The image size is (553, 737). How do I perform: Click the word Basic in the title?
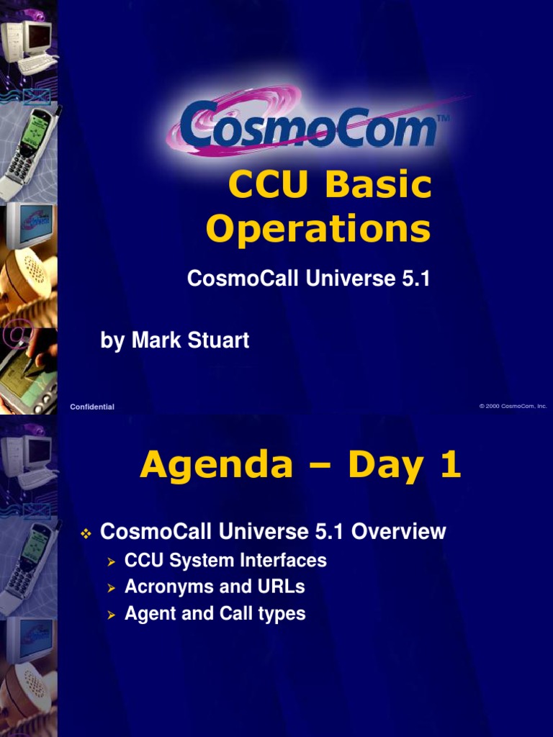pos(379,186)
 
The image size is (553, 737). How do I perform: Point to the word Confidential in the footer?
pos(92,407)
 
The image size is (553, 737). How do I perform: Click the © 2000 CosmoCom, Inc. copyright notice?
pos(513,407)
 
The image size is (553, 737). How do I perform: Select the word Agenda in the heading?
pos(217,466)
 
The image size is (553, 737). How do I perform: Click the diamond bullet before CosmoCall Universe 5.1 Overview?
pos(85,533)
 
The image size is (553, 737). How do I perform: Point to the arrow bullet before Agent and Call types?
pos(111,615)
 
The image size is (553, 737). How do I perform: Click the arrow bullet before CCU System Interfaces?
pos(111,561)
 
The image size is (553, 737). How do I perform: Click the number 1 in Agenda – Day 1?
pos(448,466)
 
